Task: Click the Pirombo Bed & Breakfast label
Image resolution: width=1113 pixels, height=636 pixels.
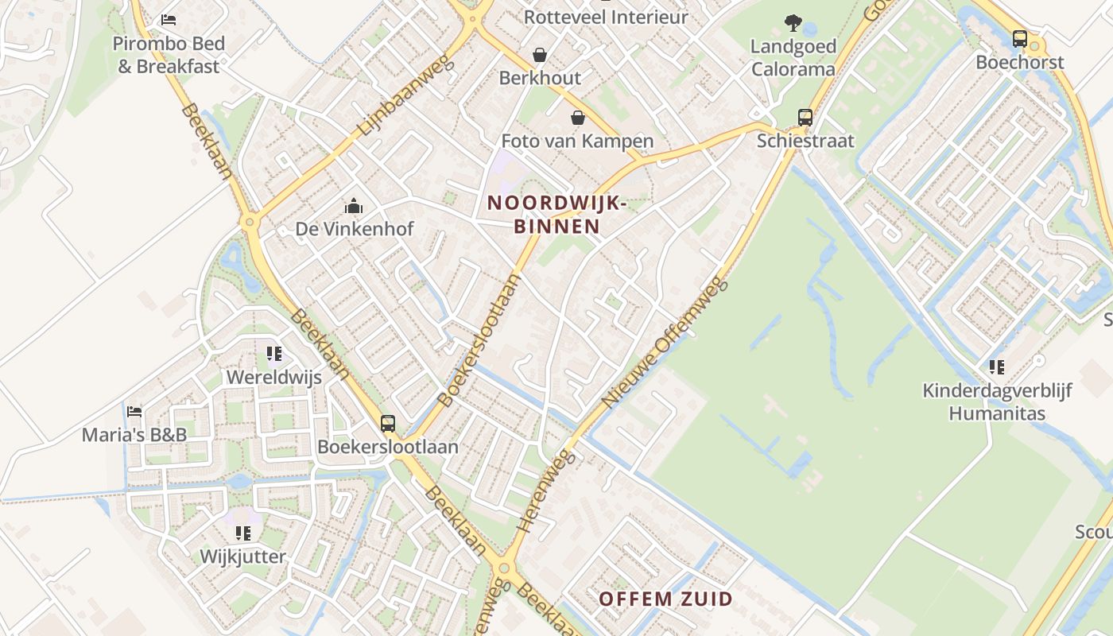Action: (x=169, y=55)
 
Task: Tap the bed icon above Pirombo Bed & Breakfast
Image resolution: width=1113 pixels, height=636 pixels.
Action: (x=169, y=19)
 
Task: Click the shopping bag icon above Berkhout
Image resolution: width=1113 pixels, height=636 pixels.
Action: (x=540, y=55)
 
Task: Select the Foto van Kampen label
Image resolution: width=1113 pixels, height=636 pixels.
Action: (x=577, y=142)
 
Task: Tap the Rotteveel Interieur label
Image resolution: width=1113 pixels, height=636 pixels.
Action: (x=606, y=17)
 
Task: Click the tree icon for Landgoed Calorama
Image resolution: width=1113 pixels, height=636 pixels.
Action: (x=793, y=22)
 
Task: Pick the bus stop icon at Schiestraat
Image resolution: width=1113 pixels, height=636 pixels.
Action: (x=805, y=118)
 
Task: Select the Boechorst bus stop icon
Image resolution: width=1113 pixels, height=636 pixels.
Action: (x=1019, y=38)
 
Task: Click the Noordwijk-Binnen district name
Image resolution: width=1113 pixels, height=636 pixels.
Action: (x=556, y=215)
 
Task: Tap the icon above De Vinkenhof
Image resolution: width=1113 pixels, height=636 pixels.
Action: (x=354, y=207)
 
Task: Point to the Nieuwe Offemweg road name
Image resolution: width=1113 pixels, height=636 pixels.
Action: (x=665, y=343)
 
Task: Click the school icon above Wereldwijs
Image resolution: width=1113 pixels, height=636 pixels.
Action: (x=274, y=354)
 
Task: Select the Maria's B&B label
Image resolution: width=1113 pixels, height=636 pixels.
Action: (x=134, y=435)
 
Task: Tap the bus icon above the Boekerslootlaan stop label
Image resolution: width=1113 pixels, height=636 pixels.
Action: (x=388, y=424)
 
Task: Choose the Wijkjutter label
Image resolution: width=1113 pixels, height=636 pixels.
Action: (x=242, y=556)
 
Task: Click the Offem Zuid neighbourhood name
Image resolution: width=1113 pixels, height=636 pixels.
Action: (x=665, y=599)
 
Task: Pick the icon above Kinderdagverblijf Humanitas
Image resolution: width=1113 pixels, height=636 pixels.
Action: (x=996, y=366)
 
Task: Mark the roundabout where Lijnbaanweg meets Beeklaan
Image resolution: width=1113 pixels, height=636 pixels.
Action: (x=250, y=223)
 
